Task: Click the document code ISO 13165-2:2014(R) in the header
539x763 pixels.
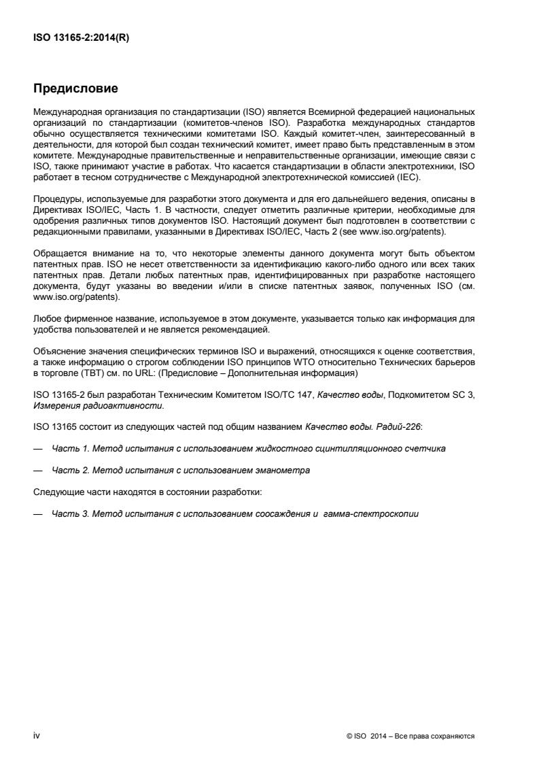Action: (x=81, y=39)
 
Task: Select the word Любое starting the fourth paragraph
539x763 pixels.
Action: (x=47, y=318)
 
